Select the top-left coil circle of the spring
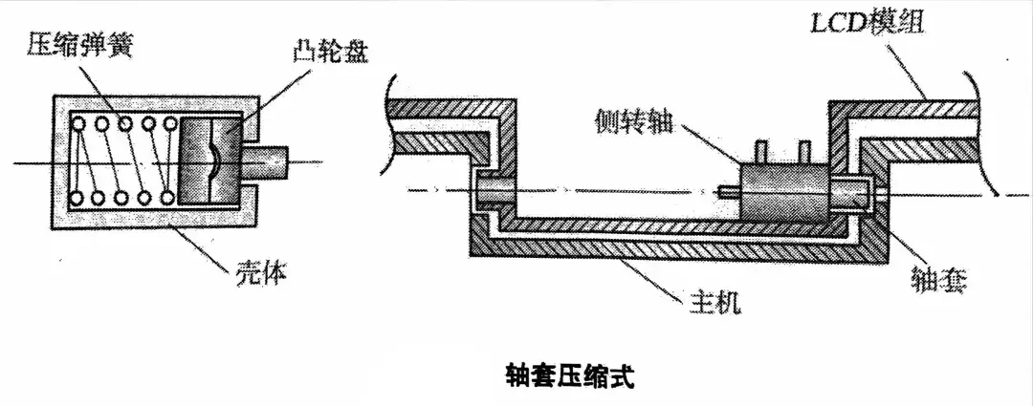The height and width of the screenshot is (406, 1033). [77, 123]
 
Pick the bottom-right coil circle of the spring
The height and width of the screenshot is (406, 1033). [168, 198]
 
